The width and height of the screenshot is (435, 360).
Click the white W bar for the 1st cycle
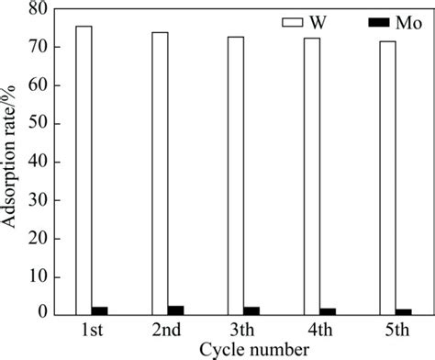click(84, 170)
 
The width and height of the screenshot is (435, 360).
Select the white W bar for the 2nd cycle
click(160, 173)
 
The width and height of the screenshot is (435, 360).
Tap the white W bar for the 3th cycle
click(236, 175)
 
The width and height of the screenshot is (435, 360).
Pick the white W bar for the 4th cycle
click(312, 176)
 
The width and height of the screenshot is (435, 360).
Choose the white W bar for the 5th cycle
click(388, 177)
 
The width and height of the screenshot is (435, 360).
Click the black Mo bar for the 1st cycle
click(100, 309)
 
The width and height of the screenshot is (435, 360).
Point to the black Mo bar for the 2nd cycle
click(176, 309)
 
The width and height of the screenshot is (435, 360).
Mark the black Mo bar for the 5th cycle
click(405, 310)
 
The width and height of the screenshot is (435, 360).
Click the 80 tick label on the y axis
click(36, 9)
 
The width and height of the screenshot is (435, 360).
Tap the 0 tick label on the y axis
click(40, 314)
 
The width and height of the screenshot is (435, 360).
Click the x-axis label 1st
click(91, 329)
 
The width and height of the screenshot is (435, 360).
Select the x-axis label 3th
click(243, 329)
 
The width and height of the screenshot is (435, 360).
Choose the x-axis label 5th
click(396, 329)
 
